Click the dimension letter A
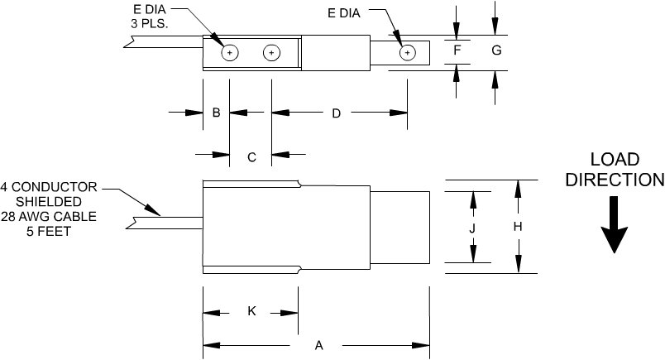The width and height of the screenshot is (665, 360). [x=318, y=347]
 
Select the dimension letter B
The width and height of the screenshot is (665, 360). [x=216, y=113]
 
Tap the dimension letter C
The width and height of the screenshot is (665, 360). [x=251, y=155]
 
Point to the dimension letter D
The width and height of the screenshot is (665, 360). [x=337, y=113]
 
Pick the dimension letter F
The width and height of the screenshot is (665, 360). [x=457, y=51]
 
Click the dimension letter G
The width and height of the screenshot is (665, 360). [x=496, y=51]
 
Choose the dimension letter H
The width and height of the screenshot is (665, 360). [x=518, y=227]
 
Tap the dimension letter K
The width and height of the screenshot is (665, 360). [x=252, y=311]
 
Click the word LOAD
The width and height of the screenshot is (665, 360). [x=614, y=159]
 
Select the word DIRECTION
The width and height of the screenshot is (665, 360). [x=614, y=180]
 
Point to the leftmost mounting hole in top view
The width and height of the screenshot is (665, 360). [x=231, y=53]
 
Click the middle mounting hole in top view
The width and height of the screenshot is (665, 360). [x=271, y=53]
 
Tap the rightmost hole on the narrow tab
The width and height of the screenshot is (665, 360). [x=407, y=53]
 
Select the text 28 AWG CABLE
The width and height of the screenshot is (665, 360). [x=50, y=217]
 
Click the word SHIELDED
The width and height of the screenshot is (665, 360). [x=51, y=201]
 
